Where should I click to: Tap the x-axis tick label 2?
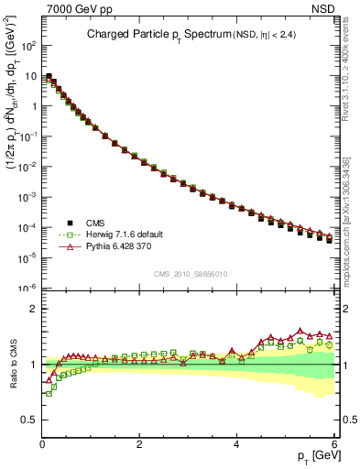click(x=139, y=444)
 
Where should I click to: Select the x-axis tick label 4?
click(x=236, y=444)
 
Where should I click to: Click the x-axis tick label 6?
click(x=333, y=444)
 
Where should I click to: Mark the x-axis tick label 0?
click(x=42, y=444)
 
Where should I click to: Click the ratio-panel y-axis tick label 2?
click(x=33, y=309)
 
